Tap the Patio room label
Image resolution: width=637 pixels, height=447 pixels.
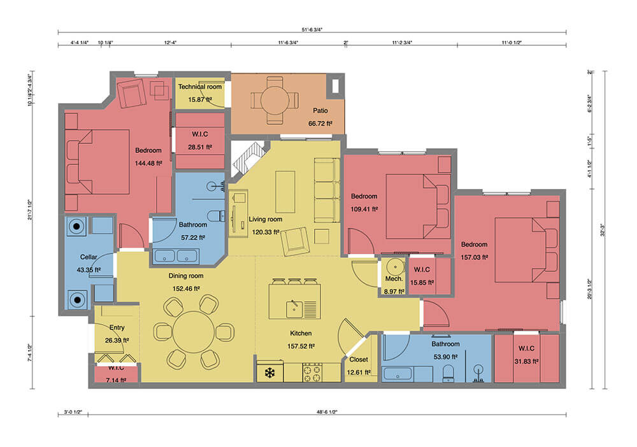(320, 110)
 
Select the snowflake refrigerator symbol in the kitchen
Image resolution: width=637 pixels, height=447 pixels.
(269, 372)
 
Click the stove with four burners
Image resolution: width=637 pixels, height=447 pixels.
(312, 372)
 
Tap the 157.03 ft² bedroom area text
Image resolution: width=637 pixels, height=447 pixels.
(474, 257)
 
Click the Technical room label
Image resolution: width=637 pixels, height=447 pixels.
(199, 87)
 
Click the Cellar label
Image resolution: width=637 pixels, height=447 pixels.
(88, 257)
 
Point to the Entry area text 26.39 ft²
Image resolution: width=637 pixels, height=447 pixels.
(117, 340)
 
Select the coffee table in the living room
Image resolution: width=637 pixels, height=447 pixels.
(285, 192)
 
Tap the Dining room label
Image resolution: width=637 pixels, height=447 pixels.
(186, 276)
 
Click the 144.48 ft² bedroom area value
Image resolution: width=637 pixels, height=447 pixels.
(148, 163)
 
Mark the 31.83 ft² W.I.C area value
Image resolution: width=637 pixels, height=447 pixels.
(527, 360)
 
